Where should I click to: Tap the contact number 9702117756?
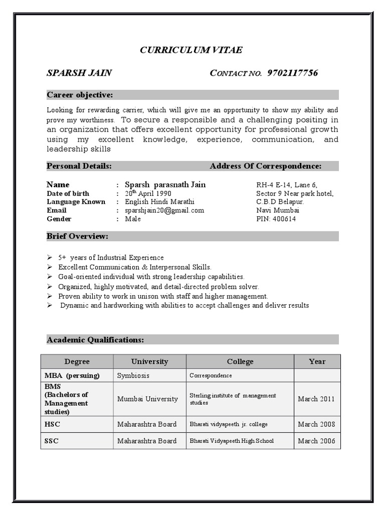coord(293,73)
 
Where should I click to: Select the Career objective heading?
coord(80,95)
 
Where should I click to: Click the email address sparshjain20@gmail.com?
coord(164,210)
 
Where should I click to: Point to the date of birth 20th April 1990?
coord(148,193)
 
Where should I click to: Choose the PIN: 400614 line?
coord(276,219)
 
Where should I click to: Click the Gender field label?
coord(59,219)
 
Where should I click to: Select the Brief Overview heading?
coord(77,236)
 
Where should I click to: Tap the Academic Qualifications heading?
coord(95,340)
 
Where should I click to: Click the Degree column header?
coord(77,361)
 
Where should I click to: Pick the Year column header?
coord(317,361)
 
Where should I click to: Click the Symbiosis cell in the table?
coord(133,375)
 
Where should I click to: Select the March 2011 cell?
coord(317,399)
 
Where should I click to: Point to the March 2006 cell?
coord(317,441)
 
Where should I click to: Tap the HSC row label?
coord(52,424)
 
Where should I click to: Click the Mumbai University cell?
coord(147,399)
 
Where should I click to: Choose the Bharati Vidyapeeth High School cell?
coord(232,441)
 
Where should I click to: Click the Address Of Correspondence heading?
coord(266,166)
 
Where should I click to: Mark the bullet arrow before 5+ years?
coord(50,258)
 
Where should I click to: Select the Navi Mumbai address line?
coord(278,210)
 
